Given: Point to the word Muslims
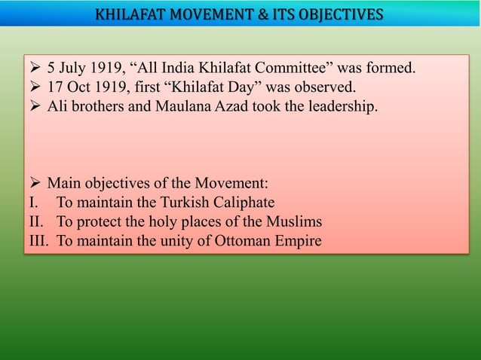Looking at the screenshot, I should (x=296, y=221).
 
